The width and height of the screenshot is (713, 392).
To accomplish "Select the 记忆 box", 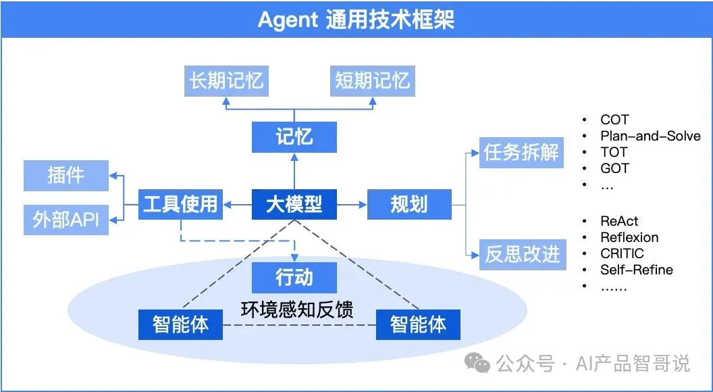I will click(294, 137).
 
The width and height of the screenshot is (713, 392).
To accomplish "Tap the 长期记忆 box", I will click(226, 81).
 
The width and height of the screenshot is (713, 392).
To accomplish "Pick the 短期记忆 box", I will click(373, 81).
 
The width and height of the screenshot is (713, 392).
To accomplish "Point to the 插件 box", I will click(66, 175).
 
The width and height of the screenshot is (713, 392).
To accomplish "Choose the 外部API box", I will click(66, 220).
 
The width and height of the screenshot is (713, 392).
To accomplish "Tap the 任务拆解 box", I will click(522, 152).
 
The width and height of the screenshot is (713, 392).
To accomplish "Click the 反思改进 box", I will click(522, 254).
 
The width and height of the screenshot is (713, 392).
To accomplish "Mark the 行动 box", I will click(294, 277).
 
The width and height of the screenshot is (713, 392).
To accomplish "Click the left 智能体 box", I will click(180, 324).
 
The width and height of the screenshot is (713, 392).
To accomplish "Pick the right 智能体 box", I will click(418, 324).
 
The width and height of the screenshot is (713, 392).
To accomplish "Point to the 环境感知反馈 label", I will click(298, 309).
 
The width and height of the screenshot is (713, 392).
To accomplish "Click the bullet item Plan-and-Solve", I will click(650, 136).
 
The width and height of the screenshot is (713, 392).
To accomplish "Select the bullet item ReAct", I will click(618, 221).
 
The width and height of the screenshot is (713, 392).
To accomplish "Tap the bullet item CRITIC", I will click(622, 253).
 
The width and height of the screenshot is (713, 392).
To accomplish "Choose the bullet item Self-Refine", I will click(636, 270).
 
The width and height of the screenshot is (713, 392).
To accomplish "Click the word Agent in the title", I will click(288, 20).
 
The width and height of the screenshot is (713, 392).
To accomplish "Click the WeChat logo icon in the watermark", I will click(480, 365).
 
